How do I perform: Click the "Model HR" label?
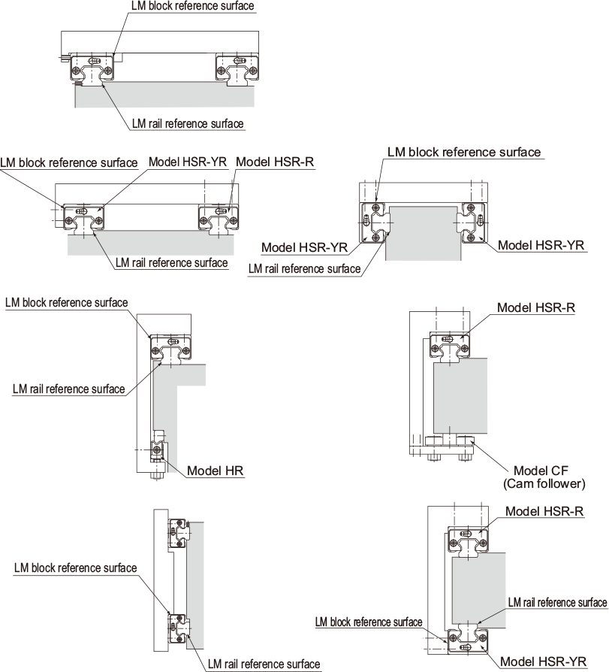(x=216, y=472)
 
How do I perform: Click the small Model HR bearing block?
(x=158, y=449)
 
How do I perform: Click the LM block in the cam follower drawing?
(x=449, y=345)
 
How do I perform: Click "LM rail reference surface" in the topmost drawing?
(x=188, y=123)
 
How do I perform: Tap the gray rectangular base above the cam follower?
(x=460, y=395)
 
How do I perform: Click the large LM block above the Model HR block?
(x=172, y=348)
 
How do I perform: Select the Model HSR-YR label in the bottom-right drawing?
(x=543, y=662)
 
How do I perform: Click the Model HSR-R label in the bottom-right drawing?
(x=545, y=511)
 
